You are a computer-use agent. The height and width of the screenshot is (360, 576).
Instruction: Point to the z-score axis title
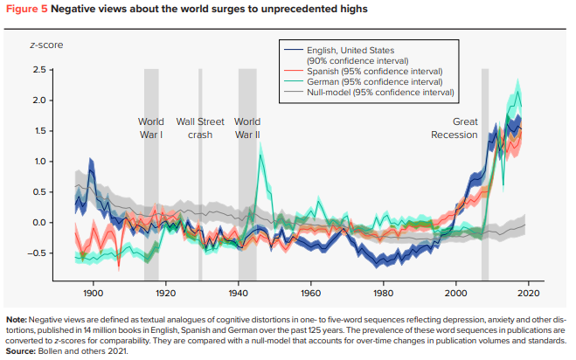(47, 45)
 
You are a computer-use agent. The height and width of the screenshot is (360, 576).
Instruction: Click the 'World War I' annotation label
(150, 128)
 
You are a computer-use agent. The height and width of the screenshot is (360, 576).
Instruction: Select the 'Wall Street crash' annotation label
(200, 128)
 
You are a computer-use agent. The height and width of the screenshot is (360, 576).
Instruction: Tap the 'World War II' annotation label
(248, 128)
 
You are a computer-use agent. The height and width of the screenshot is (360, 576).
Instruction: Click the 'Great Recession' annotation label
(454, 128)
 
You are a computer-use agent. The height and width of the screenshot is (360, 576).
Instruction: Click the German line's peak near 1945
(260, 146)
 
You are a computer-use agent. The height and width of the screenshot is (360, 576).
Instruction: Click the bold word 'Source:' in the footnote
(22, 351)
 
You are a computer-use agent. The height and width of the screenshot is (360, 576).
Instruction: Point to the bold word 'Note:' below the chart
(17, 319)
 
